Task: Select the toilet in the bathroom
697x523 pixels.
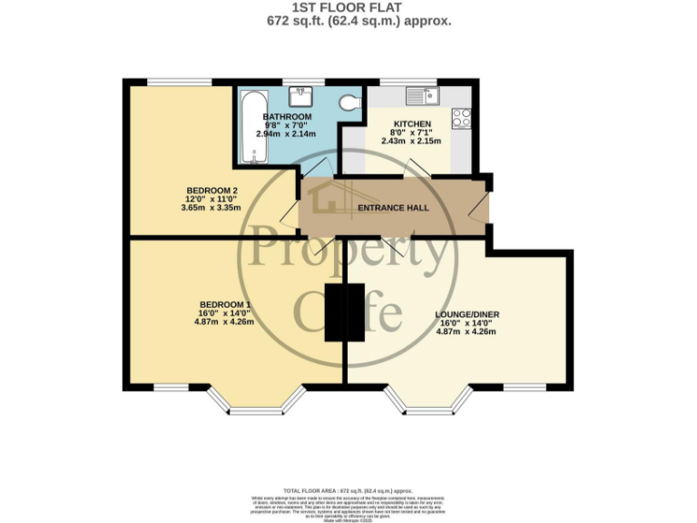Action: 346,104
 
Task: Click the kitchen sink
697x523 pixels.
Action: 421,94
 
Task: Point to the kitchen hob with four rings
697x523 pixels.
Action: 461,117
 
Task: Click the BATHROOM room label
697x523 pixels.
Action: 287,117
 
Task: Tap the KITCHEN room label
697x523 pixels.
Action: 412,123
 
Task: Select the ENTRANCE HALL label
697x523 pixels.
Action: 392,208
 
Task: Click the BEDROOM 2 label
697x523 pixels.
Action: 199,190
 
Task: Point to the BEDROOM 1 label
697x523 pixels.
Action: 225,304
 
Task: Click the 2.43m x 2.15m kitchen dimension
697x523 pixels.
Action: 411,141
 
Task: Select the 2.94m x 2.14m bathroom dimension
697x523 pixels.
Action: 287,134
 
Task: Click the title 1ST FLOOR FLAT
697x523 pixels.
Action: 348,7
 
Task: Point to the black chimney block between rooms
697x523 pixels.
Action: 345,313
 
